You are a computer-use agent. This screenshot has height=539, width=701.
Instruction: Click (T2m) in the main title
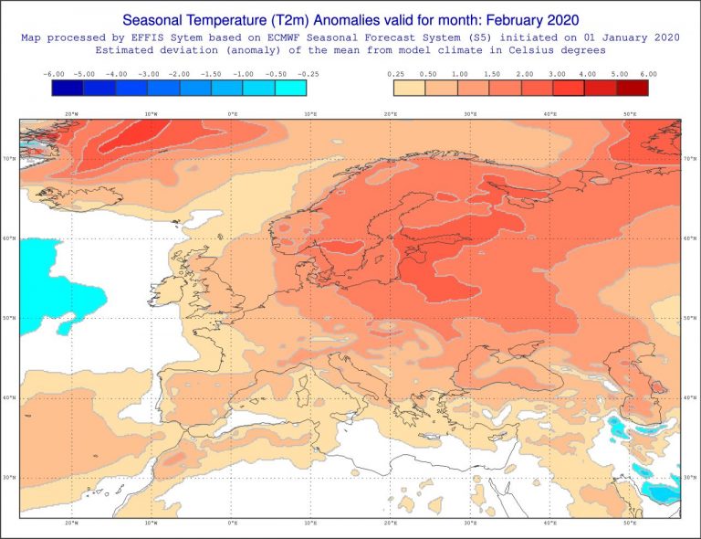290,18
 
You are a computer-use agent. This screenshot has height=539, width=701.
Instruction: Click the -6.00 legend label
53,74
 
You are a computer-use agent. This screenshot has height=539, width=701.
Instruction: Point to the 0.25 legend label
394,74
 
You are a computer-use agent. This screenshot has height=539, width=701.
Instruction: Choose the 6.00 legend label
648,74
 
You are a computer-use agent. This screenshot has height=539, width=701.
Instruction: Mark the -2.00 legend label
180,74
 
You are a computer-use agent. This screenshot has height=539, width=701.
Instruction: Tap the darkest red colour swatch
632,88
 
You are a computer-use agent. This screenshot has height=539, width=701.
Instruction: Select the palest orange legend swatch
410,88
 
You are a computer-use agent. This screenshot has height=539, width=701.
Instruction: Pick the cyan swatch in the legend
290,88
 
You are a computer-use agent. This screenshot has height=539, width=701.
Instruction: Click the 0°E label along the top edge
232,114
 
